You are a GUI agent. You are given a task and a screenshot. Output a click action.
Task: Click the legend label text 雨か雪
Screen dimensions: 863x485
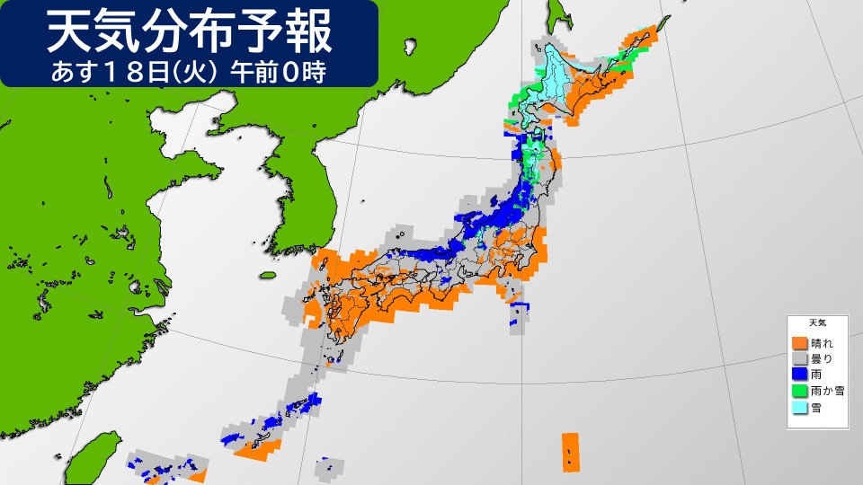826,391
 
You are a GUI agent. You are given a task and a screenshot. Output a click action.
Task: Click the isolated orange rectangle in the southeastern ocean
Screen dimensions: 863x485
570,452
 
